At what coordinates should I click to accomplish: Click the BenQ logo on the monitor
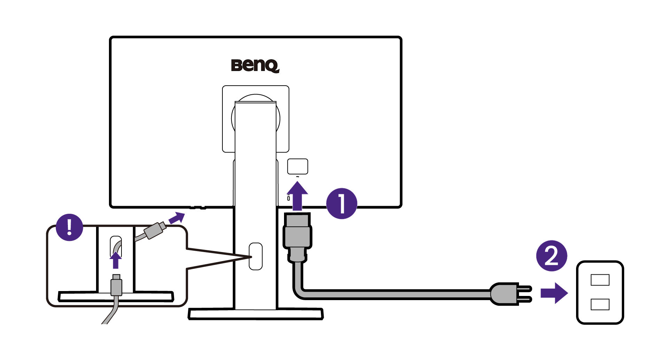pyautogui.click(x=255, y=66)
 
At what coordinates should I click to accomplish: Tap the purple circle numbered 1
pyautogui.click(x=341, y=204)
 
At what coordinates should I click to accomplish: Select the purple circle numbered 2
pyautogui.click(x=552, y=256)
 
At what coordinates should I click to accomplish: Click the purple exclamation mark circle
pyautogui.click(x=70, y=227)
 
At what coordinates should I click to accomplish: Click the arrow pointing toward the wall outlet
pyautogui.click(x=554, y=293)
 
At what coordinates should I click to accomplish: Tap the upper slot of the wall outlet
pyautogui.click(x=600, y=280)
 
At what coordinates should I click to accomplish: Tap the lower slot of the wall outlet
pyautogui.click(x=600, y=304)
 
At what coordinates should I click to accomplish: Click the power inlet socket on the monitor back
pyautogui.click(x=297, y=166)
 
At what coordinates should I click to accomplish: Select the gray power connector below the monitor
pyautogui.click(x=297, y=237)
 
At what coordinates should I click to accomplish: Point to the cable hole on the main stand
pyautogui.click(x=255, y=256)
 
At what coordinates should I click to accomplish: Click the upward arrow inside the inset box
pyautogui.click(x=116, y=260)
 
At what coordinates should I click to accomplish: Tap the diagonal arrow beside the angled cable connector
pyautogui.click(x=176, y=218)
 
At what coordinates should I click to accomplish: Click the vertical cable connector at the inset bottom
pyautogui.click(x=116, y=285)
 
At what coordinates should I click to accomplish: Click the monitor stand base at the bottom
pyautogui.click(x=255, y=314)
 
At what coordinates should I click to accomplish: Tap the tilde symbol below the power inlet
pyautogui.click(x=297, y=177)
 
